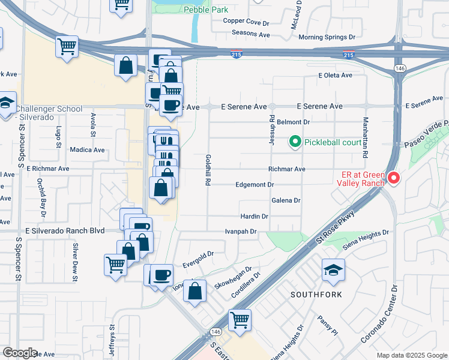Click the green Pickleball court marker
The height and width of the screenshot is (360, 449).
[295, 142]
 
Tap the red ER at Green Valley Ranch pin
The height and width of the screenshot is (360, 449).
[394, 178]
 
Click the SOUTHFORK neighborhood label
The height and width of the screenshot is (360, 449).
[316, 295]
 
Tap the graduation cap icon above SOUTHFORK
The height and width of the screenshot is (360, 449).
[333, 271]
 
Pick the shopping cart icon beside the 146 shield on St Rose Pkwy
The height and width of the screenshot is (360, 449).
[240, 320]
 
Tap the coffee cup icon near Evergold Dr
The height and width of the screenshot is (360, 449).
[161, 275]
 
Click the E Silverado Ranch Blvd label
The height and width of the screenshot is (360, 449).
[65, 230]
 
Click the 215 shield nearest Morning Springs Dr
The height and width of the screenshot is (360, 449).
[348, 55]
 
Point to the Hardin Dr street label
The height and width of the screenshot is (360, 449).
[253, 216]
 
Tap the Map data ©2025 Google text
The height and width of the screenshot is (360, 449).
[411, 355]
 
